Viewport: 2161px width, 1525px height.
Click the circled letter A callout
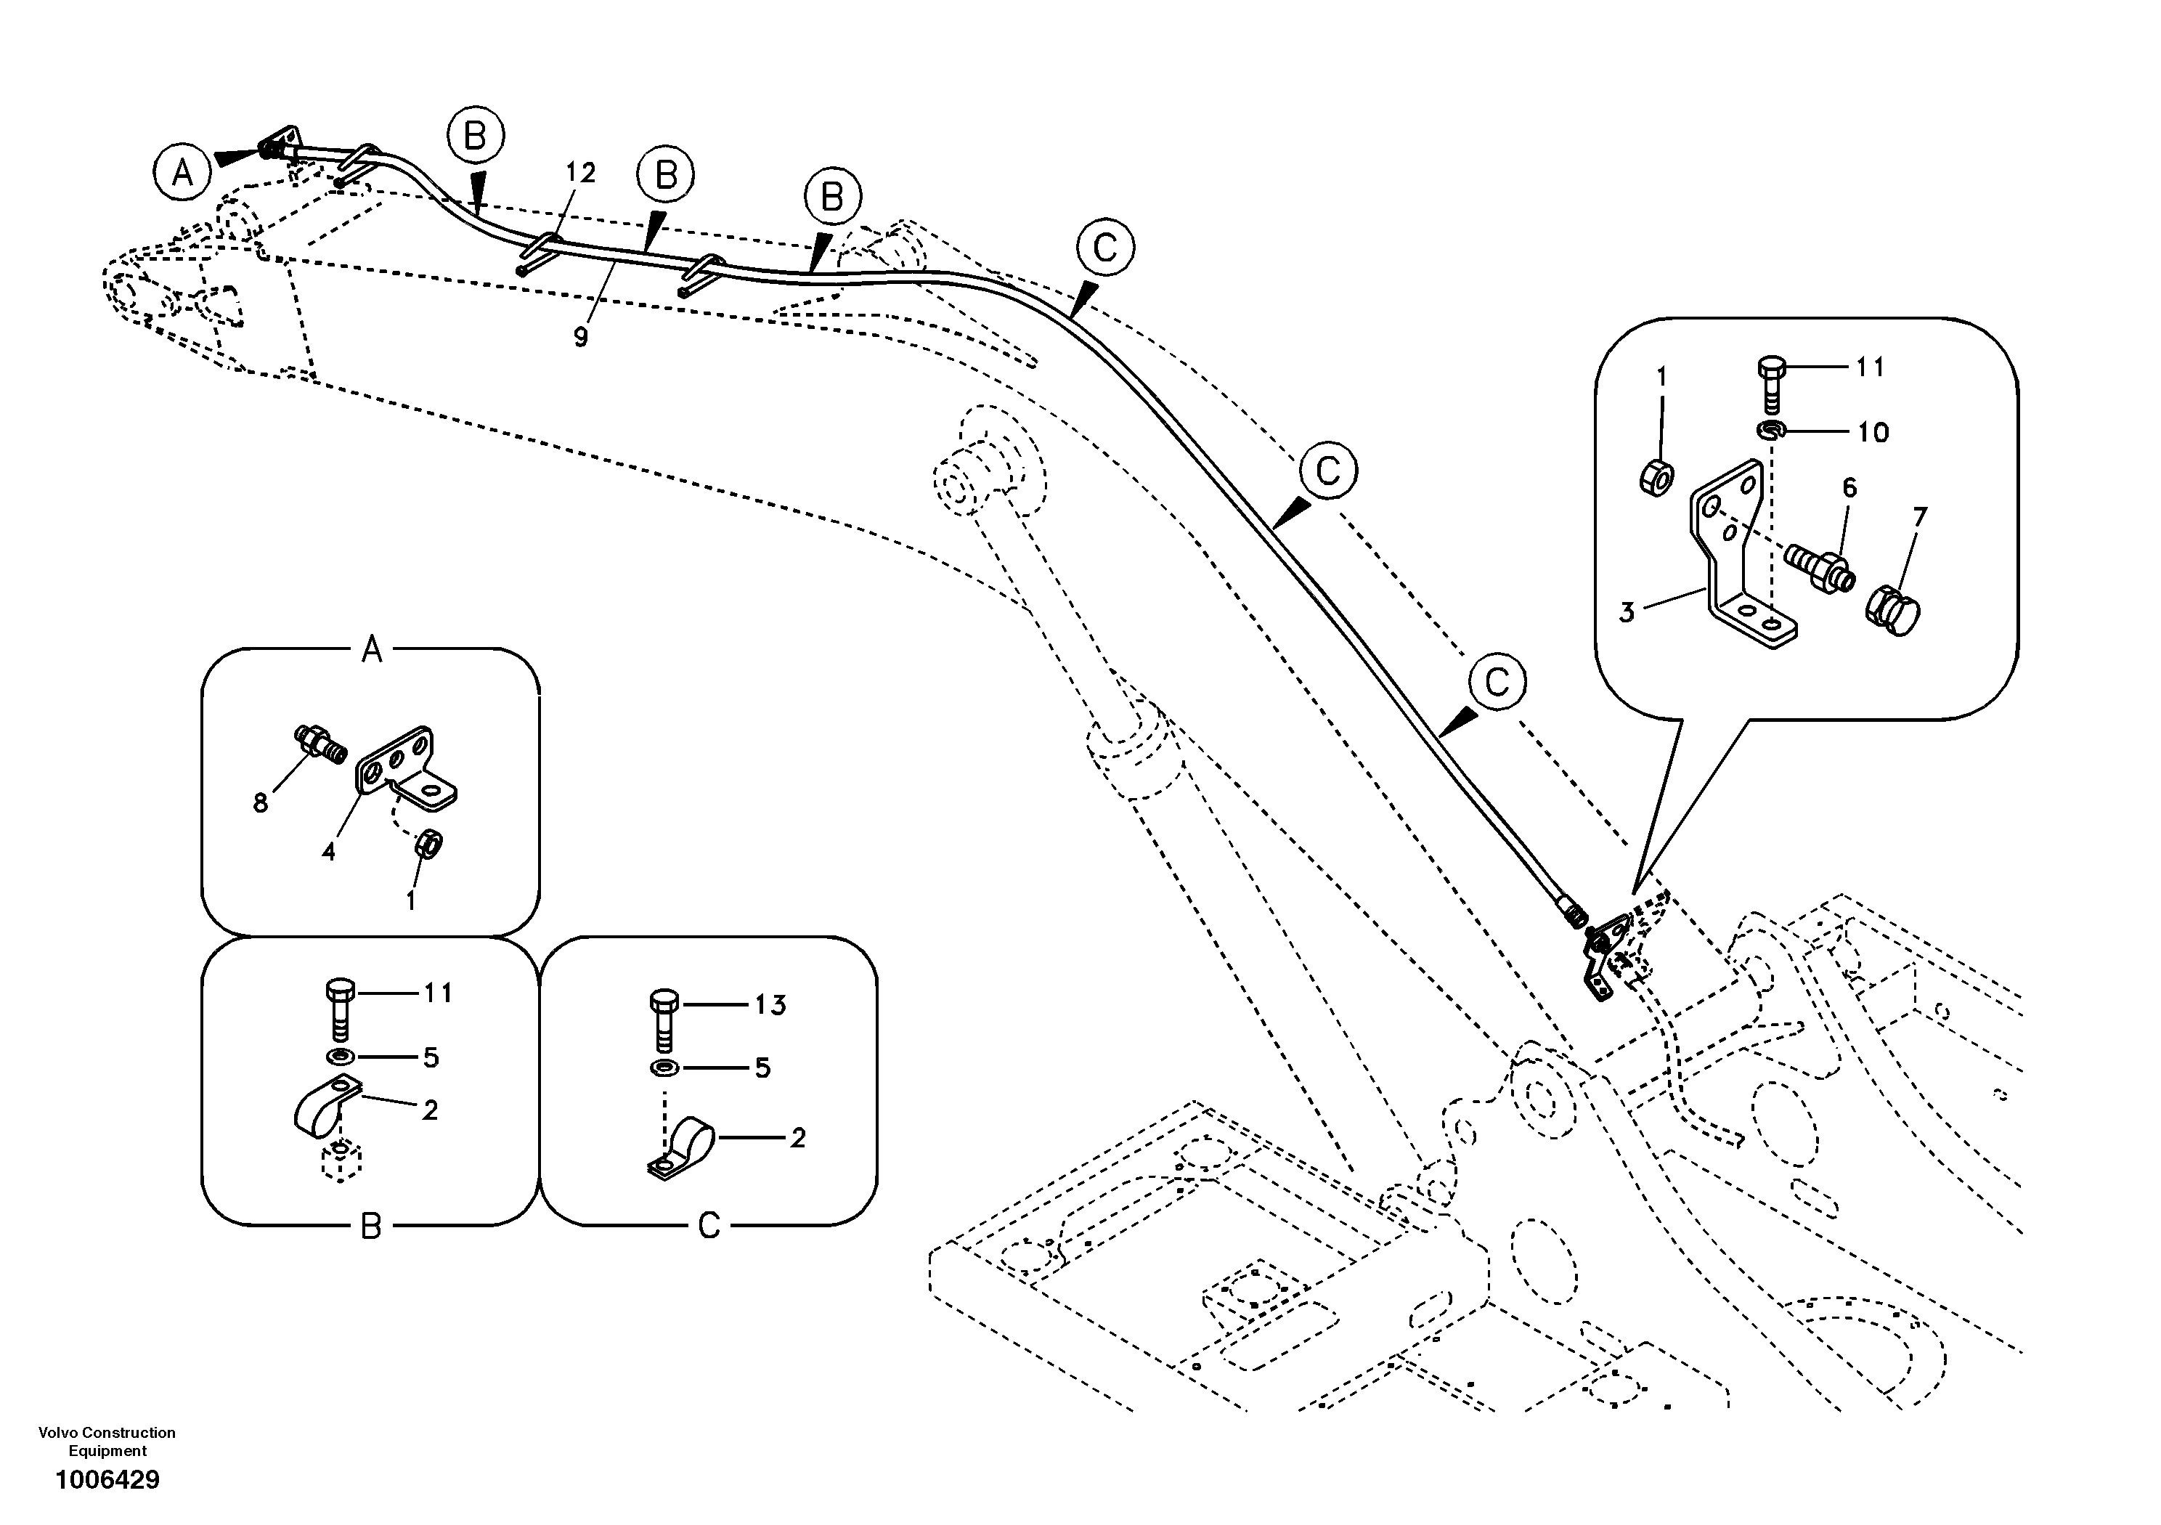tap(182, 172)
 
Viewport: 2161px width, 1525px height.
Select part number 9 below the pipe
tap(581, 336)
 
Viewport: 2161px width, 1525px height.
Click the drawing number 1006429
tap(107, 1480)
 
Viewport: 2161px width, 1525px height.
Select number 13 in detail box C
tap(770, 1005)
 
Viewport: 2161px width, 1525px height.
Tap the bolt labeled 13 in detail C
tap(664, 1020)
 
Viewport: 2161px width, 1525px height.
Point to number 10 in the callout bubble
tap(1873, 432)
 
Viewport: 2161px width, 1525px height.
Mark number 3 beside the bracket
tap(1627, 613)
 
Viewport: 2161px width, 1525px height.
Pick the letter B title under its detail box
tap(371, 1227)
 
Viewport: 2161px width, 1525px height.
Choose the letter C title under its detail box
tap(709, 1227)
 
